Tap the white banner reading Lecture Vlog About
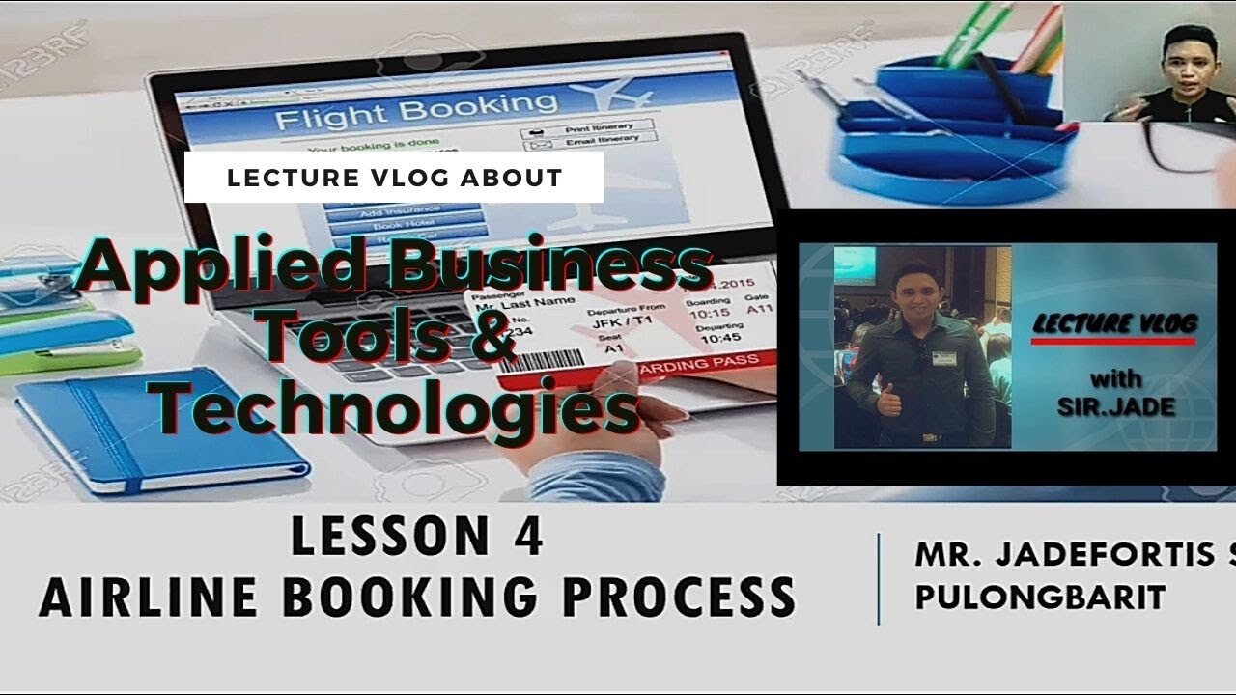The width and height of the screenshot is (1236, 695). (394, 178)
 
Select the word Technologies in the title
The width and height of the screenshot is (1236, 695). (396, 407)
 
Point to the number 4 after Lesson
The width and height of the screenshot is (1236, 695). (527, 538)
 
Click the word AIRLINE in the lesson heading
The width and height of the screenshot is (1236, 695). (149, 596)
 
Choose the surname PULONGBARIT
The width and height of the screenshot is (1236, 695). (1040, 597)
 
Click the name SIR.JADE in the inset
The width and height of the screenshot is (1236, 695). (1116, 406)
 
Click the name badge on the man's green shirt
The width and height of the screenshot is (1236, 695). (943, 357)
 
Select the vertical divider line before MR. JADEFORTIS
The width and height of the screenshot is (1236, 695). (879, 579)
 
